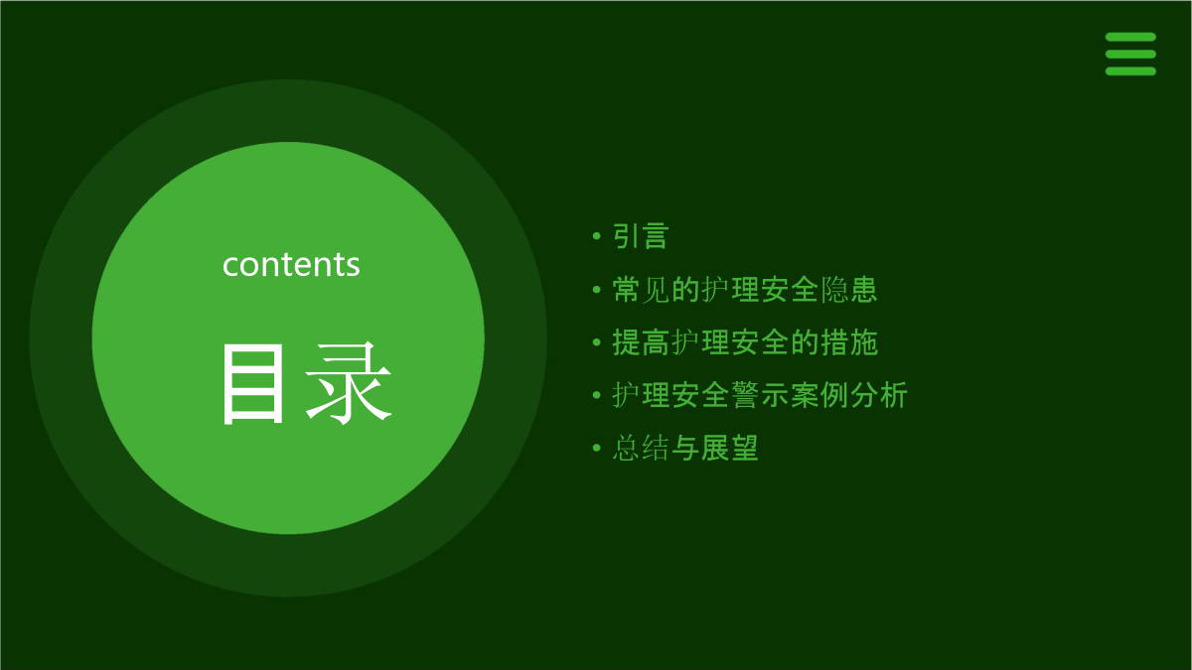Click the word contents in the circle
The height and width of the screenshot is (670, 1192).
291,264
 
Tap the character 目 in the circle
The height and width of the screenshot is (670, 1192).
252,383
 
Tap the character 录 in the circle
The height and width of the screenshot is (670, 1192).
349,383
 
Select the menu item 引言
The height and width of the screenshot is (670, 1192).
640,236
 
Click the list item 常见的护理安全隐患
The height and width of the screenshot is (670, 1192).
744,290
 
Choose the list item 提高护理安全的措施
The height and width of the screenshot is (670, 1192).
745,342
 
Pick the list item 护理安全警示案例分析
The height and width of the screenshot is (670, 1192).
760,395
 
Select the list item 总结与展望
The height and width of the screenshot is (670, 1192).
685,448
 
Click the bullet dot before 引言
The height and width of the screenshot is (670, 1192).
597,236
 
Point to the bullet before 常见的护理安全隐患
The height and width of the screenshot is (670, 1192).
597,290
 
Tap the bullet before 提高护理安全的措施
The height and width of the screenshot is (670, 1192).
597,342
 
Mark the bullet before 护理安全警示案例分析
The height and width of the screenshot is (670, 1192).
597,395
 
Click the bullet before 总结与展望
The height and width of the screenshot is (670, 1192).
597,448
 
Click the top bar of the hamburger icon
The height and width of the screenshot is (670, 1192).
1130,37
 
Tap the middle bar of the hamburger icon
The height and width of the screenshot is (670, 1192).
1130,55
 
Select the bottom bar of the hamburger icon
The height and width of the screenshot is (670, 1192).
1130,71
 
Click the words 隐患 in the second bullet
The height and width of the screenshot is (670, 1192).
848,290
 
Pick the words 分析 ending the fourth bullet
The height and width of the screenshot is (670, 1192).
879,395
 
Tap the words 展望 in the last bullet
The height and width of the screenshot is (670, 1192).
729,448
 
